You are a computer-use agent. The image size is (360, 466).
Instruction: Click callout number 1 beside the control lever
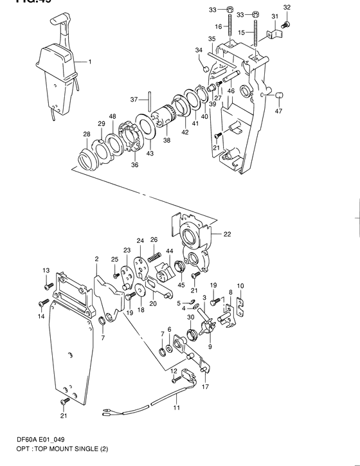[90, 62]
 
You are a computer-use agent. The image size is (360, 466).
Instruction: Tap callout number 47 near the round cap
[278, 111]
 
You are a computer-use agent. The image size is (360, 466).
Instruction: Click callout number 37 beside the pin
[134, 100]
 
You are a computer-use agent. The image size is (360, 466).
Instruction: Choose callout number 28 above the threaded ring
[86, 134]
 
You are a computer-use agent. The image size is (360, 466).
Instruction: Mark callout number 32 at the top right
[287, 7]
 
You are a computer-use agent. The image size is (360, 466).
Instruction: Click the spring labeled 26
[154, 258]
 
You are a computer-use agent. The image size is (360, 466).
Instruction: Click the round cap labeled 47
[280, 96]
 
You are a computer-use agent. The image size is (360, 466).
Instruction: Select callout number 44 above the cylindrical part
[170, 251]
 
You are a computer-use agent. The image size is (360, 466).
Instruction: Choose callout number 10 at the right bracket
[240, 286]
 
